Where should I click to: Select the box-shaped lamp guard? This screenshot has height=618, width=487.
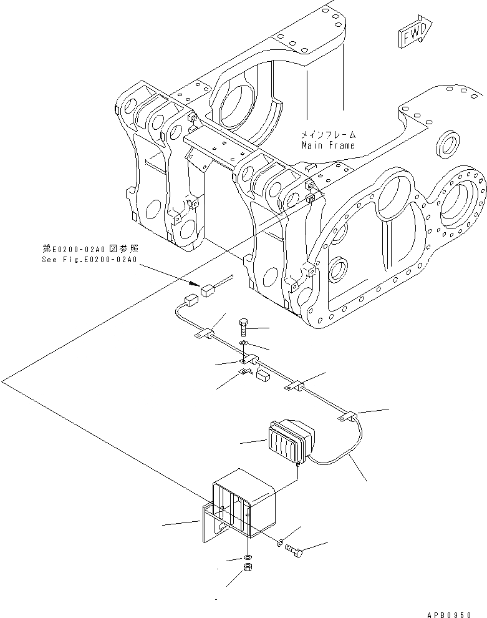(x=243, y=503)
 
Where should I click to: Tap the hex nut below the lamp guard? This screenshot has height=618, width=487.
(x=248, y=569)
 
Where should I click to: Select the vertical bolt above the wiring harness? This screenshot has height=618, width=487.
(x=243, y=326)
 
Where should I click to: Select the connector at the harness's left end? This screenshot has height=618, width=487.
(x=191, y=300)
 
